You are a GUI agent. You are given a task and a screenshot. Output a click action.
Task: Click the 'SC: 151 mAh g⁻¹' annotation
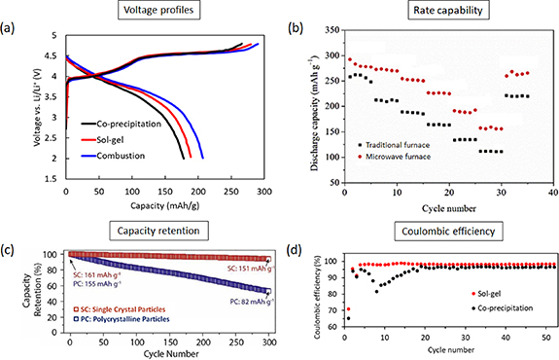coord(255,269)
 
